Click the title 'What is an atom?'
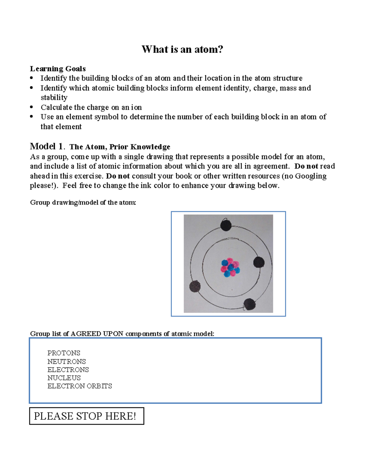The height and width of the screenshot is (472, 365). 182,49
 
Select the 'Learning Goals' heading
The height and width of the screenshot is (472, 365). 58,69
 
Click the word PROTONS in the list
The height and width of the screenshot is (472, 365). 64,353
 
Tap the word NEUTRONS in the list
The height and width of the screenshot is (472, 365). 67,362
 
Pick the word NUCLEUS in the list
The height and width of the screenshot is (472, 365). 64,378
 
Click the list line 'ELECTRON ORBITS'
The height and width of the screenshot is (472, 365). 80,386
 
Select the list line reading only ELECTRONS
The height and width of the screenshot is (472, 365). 68,370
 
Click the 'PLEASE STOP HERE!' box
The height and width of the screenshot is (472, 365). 86,416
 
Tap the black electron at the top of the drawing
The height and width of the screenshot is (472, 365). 226,226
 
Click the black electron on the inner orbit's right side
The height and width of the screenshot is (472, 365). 259,262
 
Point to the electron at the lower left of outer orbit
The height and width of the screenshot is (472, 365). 195,286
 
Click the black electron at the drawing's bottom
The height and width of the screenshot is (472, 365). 249,304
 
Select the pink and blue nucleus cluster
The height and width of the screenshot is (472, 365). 230,268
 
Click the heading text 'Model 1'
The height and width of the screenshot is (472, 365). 47,146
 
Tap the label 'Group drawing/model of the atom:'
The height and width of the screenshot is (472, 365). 83,202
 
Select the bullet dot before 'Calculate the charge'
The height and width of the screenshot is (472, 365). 32,107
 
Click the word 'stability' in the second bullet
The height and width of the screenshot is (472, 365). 54,98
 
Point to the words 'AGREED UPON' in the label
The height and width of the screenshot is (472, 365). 97,334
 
